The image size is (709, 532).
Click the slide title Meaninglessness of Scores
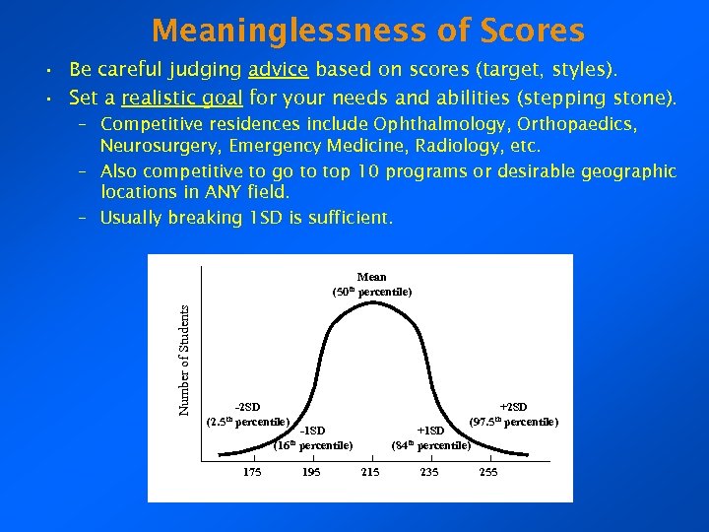pos(368,31)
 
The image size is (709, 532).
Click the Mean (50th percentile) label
pos(371,285)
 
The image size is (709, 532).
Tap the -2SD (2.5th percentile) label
pos(247,415)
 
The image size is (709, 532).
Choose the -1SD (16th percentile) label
pos(312,437)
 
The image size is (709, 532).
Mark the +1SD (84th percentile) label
pos(430,437)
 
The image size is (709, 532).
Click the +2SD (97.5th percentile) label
pos(513,415)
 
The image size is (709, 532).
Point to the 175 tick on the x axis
pos(252,473)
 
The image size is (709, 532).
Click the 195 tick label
pos(311,473)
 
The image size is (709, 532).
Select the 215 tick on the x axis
pos(370,473)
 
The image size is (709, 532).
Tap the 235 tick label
pos(429,473)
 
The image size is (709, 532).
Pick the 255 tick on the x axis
pos(488,473)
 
